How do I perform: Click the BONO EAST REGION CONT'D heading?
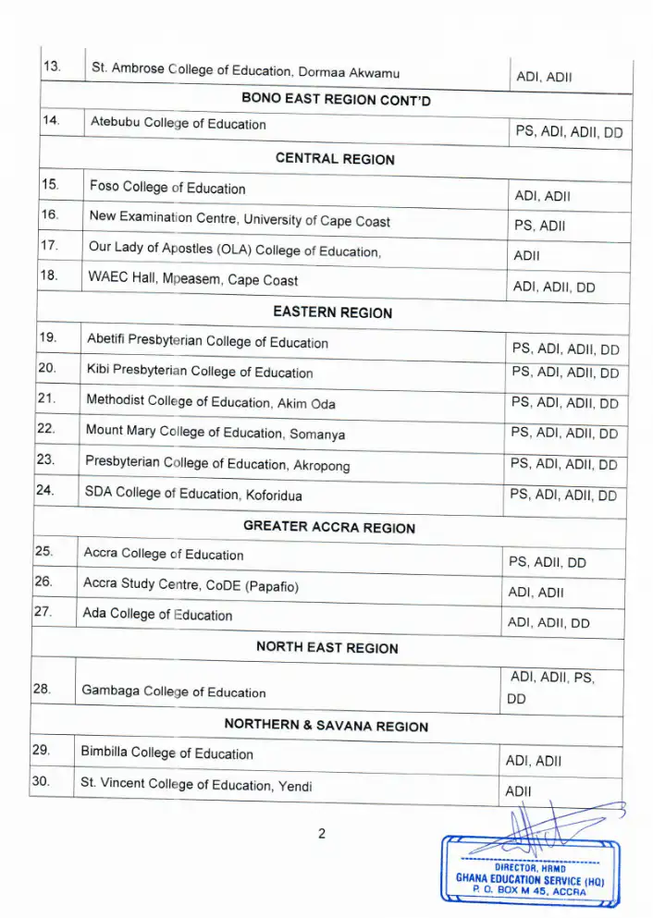tap(336, 97)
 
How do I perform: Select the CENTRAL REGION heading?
tap(335, 159)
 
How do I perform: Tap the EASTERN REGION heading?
tap(332, 312)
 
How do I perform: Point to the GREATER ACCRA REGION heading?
tap(328, 527)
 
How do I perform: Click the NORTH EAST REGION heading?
tap(326, 647)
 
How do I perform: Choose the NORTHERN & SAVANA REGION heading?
tap(326, 726)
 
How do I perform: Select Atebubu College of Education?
tap(178, 124)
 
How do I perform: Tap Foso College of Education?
tap(167, 189)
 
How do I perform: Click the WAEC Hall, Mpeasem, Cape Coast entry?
tap(192, 278)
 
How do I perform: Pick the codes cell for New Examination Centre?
tap(539, 225)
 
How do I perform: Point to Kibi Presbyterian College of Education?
tap(199, 372)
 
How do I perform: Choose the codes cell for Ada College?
tap(548, 623)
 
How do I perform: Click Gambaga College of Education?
tap(173, 692)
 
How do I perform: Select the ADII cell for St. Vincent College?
tap(517, 791)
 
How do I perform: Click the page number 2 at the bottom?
tap(322, 834)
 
